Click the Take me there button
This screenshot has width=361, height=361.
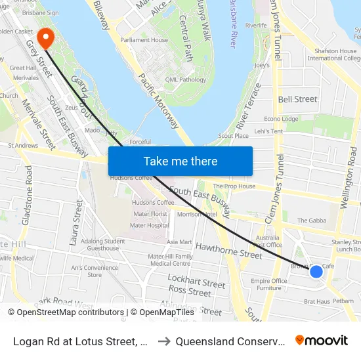[180, 161]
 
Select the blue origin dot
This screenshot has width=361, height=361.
[316, 271]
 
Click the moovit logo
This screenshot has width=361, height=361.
[322, 340]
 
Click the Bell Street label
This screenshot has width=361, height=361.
[297, 99]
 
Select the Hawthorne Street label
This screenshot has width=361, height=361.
[229, 249]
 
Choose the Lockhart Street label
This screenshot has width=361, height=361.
[196, 282]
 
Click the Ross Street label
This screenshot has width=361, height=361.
[189, 289]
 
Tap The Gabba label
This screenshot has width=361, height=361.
[312, 221]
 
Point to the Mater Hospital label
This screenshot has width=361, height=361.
[150, 225]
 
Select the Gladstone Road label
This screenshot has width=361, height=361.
[27, 195]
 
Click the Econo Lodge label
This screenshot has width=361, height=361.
[280, 119]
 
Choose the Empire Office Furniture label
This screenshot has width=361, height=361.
[269, 284]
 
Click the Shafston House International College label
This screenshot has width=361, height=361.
[334, 54]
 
